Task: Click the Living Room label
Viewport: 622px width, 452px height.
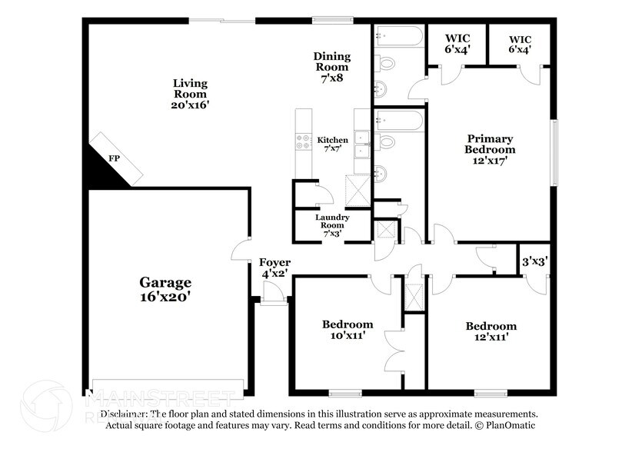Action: (190, 94)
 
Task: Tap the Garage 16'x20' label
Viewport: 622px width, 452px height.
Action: (165, 289)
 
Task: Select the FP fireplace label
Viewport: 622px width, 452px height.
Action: (113, 158)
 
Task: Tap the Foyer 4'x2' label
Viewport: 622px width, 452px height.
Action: (274, 268)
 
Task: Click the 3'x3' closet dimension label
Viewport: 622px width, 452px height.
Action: (534, 261)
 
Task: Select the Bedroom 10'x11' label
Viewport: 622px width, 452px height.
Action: (347, 330)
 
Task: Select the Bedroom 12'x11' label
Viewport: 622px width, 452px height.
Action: (491, 331)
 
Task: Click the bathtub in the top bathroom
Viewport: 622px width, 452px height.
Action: (398, 36)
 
